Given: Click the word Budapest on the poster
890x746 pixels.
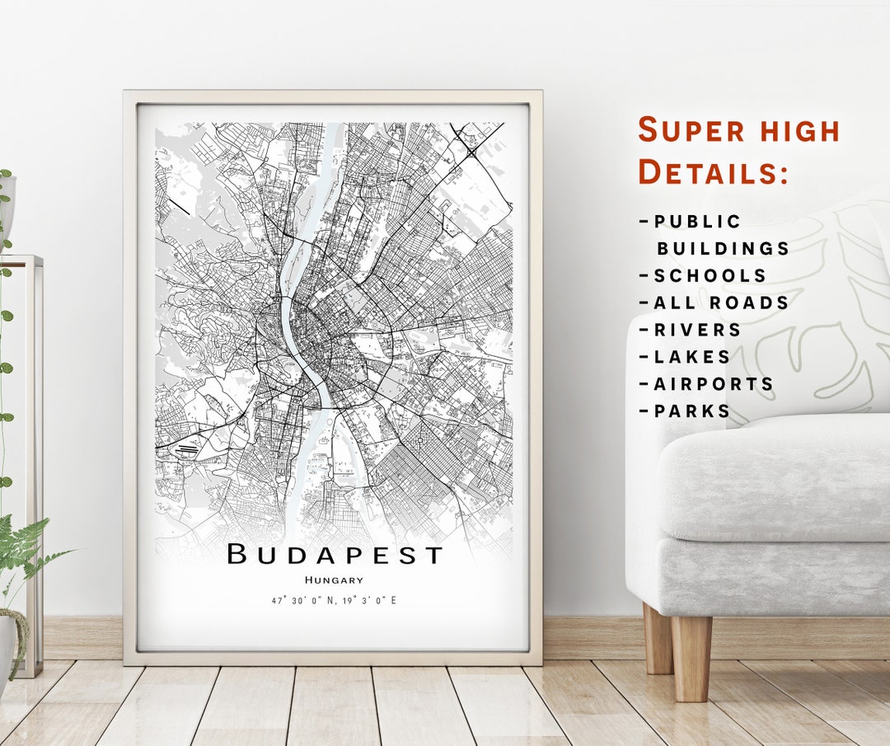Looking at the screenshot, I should tap(335, 554).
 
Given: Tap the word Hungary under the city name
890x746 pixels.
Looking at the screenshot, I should tap(334, 580).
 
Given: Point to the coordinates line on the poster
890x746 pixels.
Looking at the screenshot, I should tap(334, 600).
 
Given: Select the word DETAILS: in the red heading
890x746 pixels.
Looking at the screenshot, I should tap(714, 172).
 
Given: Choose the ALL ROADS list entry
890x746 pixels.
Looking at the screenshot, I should tap(721, 303).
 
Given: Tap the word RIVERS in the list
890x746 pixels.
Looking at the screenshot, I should tap(697, 330).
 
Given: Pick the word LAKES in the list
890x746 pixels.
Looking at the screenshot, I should tap(692, 357).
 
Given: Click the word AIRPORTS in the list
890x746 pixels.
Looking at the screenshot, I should tap(714, 384).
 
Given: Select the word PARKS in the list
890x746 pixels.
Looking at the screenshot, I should tap(692, 411).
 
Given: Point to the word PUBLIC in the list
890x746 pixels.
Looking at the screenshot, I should tap(697, 222).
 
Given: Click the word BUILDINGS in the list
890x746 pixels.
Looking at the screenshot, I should tap(723, 248).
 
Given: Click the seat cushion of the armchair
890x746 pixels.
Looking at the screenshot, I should tap(775, 478).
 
